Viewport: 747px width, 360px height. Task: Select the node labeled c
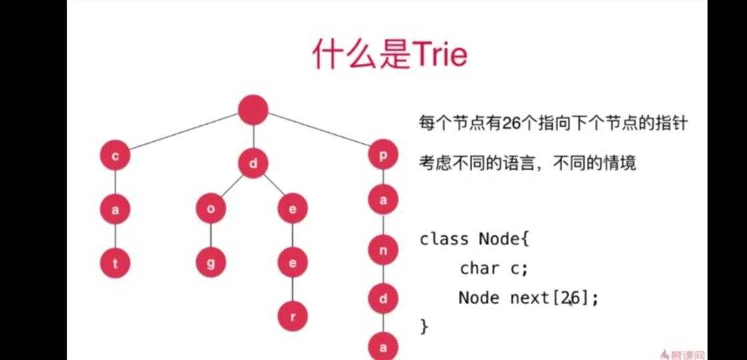[x=115, y=156]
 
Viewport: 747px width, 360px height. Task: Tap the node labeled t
[x=115, y=263]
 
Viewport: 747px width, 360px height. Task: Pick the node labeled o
[x=211, y=209]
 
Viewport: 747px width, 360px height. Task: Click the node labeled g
[x=211, y=263]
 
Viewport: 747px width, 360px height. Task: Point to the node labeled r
[x=292, y=315]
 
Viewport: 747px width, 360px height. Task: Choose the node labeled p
[x=384, y=156]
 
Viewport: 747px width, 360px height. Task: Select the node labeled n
[x=384, y=251]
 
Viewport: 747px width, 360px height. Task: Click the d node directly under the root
[x=253, y=163]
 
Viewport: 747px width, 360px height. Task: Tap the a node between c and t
[x=115, y=209]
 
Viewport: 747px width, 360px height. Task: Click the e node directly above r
[x=292, y=263]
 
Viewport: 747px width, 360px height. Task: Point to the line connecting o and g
[x=211, y=236]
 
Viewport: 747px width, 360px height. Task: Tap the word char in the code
[x=479, y=269]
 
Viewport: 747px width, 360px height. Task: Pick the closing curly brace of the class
[x=424, y=326]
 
